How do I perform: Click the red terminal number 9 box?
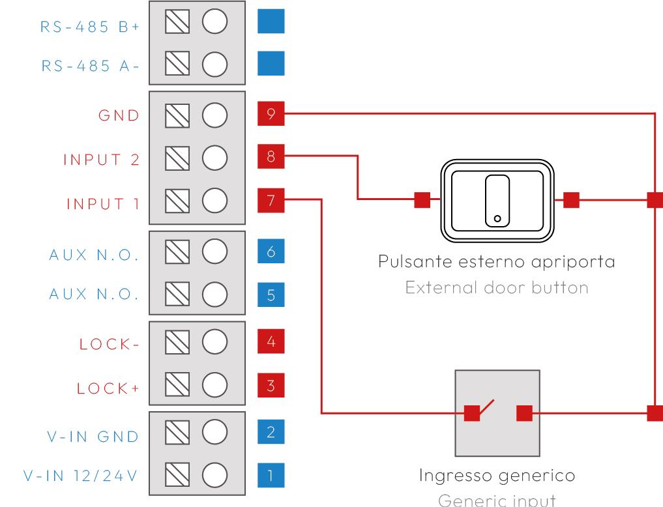[x=271, y=114]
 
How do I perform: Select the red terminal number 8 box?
[x=271, y=156]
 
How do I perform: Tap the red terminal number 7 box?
[x=271, y=200]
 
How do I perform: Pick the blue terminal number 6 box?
[x=271, y=252]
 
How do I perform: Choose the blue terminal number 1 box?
[x=271, y=475]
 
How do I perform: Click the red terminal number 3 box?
[x=271, y=385]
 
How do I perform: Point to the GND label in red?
[x=119, y=116]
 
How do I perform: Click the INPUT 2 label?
[x=102, y=160]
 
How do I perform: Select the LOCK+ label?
[x=108, y=388]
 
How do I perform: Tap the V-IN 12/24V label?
[x=81, y=476]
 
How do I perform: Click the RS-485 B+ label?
[x=90, y=27]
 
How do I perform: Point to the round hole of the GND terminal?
[x=214, y=115]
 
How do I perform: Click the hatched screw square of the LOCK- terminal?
[x=177, y=341]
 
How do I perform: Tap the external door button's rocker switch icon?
[x=497, y=200]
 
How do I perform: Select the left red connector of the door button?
[x=422, y=200]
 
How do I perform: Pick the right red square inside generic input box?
[x=524, y=413]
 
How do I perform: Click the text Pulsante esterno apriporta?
[x=497, y=262]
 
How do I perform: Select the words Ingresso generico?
[x=497, y=475]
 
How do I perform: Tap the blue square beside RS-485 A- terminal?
[x=271, y=64]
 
